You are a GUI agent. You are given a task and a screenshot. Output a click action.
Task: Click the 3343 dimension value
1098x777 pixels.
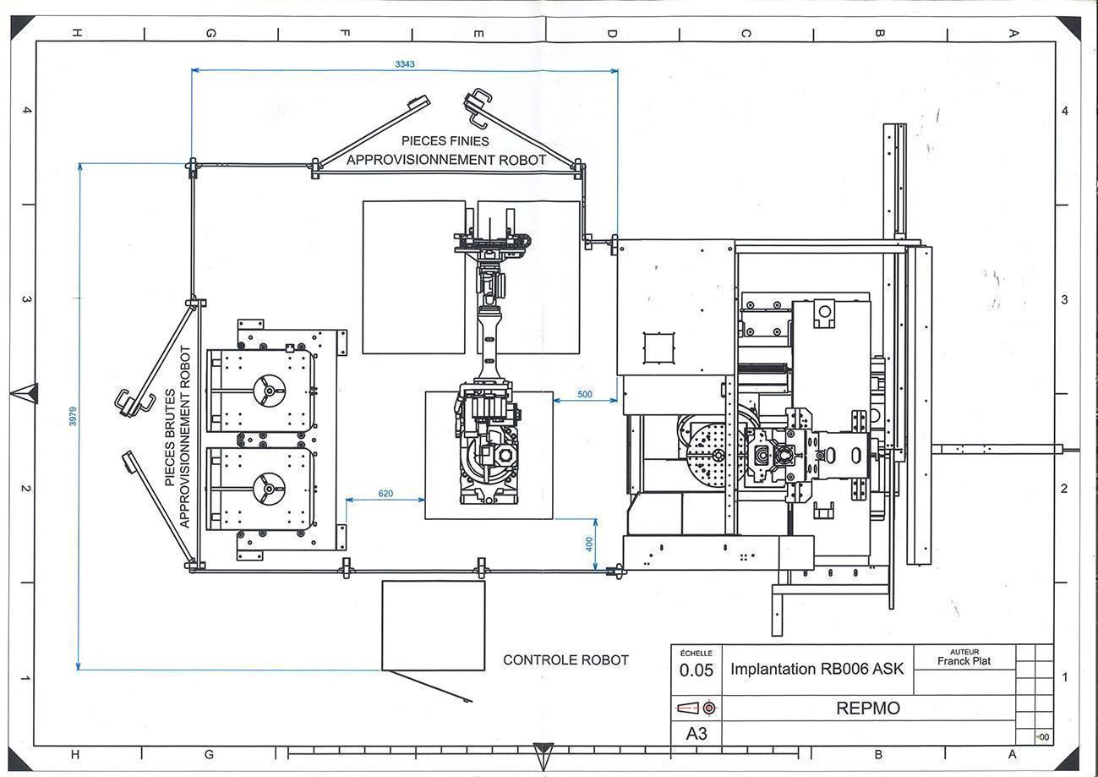405,64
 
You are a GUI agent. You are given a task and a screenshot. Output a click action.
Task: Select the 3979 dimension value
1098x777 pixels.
73,416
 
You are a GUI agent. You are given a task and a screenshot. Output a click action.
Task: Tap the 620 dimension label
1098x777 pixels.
385,493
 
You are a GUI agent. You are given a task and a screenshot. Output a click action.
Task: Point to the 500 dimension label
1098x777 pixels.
585,394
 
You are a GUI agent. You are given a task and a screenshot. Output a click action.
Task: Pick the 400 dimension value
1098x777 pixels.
589,544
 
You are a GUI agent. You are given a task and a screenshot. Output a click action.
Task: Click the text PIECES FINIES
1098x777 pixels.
445,141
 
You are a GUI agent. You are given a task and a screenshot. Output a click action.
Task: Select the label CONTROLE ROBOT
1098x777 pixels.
565,660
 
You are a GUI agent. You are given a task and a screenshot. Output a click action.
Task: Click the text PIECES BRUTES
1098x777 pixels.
170,437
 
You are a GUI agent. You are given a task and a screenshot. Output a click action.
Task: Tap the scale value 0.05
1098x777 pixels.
696,670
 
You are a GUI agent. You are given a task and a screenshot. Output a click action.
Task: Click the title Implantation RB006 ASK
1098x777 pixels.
817,669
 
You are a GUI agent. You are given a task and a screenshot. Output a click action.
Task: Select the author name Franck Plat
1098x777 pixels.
964,661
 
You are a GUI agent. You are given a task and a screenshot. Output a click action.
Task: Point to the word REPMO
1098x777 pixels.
868,709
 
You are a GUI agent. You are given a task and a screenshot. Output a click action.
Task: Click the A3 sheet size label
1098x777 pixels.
696,734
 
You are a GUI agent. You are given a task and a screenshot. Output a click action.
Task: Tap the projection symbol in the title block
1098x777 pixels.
696,708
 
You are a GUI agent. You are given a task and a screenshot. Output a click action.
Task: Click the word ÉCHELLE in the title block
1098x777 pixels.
696,654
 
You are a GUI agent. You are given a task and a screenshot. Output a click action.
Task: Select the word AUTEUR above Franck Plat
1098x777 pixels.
964,652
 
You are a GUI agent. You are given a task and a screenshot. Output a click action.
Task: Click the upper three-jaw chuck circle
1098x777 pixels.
269,391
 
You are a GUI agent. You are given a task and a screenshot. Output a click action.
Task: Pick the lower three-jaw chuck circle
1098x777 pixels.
269,488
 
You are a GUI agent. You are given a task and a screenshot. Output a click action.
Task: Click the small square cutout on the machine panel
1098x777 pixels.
658,348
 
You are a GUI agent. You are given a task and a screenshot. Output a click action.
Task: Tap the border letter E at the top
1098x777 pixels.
479,34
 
